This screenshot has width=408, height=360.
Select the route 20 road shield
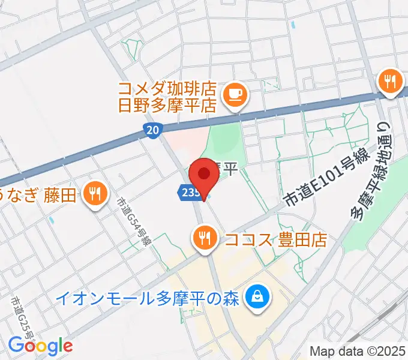tap(152, 130)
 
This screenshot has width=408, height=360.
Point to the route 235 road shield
tap(188, 192)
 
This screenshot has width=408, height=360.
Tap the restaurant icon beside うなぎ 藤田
tap(95, 193)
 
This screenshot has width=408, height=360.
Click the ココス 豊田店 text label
tap(275, 240)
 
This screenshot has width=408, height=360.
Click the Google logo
tap(40, 346)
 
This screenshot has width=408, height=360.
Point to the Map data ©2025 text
tap(357, 351)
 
